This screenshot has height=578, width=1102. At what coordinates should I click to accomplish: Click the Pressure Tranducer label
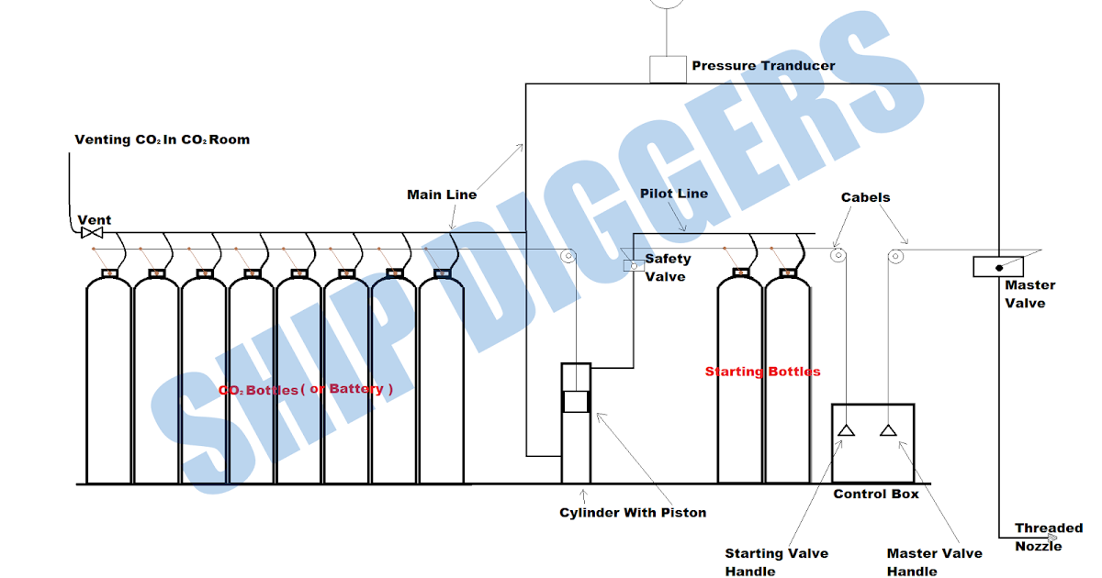763,65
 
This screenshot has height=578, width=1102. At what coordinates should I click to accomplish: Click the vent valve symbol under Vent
92,233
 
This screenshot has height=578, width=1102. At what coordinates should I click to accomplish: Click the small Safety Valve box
634,266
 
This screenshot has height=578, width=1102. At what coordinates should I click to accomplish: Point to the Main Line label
442,195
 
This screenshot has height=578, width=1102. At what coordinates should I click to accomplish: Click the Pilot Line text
673,194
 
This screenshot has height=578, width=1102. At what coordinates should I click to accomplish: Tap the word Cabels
865,197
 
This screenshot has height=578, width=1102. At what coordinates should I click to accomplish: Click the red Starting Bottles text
762,372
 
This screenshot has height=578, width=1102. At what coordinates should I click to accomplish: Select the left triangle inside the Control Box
846,430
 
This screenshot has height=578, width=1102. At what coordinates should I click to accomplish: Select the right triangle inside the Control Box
888,430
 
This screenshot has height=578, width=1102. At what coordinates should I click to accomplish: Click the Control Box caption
875,495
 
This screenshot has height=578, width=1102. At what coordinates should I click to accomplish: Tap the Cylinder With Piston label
633,512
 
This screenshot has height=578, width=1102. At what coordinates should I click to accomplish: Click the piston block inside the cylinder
576,402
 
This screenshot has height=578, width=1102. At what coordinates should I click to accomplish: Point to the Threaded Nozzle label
1048,537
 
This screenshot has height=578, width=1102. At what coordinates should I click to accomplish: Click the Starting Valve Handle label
776,561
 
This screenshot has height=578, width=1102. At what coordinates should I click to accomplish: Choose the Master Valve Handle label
934,561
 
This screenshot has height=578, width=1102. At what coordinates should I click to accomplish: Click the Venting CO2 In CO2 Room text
162,139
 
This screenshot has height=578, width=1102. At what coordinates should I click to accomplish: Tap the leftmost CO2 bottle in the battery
108,381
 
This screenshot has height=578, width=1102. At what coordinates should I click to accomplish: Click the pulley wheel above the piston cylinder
568,256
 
